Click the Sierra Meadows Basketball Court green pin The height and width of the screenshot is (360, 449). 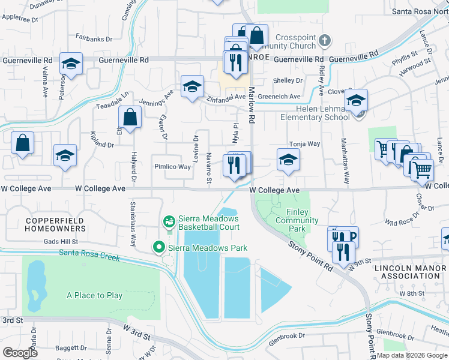[x=170, y=222]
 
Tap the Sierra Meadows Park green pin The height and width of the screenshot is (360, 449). [x=159, y=247]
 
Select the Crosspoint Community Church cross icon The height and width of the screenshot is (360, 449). [x=325, y=41]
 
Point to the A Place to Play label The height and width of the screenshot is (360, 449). [x=95, y=295]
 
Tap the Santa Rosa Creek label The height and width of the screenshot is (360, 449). [x=90, y=254]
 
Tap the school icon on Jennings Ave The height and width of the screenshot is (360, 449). [x=193, y=86]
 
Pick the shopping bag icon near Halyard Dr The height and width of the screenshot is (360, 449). [x=130, y=117]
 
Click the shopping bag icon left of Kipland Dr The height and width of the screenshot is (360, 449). [x=23, y=143]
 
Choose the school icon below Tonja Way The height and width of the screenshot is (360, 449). [x=288, y=160]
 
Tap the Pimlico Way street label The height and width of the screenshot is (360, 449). [x=172, y=167]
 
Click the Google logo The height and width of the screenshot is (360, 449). [x=20, y=352]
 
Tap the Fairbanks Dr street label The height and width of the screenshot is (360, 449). [x=94, y=39]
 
